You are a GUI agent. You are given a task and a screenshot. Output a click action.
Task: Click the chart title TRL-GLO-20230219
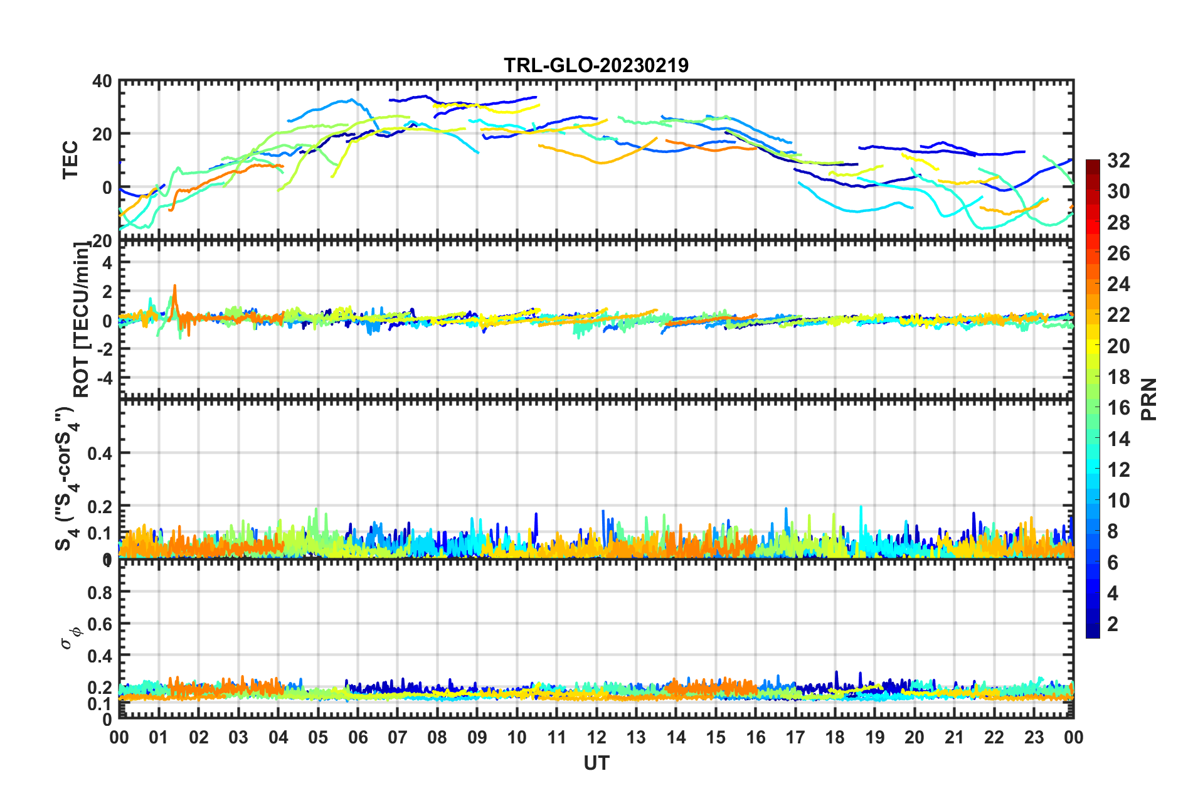[x=596, y=65]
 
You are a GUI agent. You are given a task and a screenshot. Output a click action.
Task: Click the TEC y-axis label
[x=70, y=159]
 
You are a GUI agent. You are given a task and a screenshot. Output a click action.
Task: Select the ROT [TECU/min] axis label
[x=81, y=320]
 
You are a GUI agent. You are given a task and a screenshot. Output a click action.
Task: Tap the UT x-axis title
[x=596, y=763]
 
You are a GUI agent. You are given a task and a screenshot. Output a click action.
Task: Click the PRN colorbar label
[x=1149, y=399]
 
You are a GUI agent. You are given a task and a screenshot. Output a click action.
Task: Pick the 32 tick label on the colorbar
[x=1118, y=161]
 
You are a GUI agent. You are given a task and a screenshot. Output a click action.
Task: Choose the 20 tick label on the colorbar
[x=1118, y=346]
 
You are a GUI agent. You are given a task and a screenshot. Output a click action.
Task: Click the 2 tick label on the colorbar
[x=1113, y=624]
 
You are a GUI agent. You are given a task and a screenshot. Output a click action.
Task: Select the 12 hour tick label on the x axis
[x=596, y=738]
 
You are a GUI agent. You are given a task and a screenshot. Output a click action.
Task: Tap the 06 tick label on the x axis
[x=358, y=738]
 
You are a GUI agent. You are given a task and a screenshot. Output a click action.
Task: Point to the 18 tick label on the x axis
[x=835, y=738]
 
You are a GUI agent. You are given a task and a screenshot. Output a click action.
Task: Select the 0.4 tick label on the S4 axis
[x=100, y=453]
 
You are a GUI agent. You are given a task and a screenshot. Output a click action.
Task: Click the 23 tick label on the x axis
[x=1034, y=738]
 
